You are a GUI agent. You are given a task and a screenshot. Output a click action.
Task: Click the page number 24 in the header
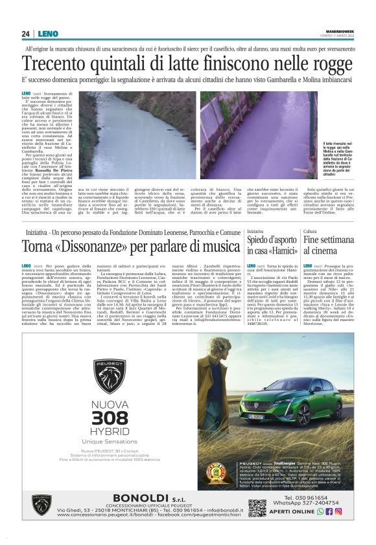pyautogui.click(x=26, y=34)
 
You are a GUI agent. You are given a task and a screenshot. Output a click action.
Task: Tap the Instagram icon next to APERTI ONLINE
pyautogui.click(x=339, y=511)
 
